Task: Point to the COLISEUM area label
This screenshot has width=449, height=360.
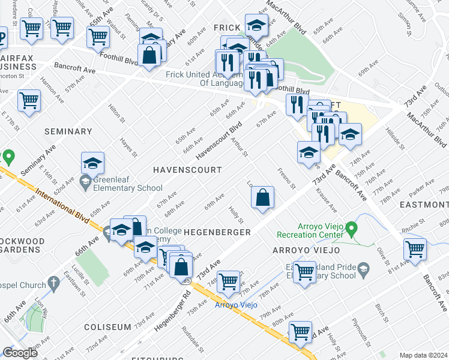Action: [x=107, y=327]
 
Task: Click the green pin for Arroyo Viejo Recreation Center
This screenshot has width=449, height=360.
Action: [x=353, y=228]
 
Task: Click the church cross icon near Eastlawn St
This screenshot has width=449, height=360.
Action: [x=53, y=282]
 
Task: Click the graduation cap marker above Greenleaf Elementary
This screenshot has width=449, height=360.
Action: [x=92, y=163]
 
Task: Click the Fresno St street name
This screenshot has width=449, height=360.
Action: [x=286, y=178]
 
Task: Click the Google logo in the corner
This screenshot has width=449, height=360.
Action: [x=20, y=352]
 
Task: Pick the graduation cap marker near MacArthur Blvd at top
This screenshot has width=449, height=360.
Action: [x=256, y=25]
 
